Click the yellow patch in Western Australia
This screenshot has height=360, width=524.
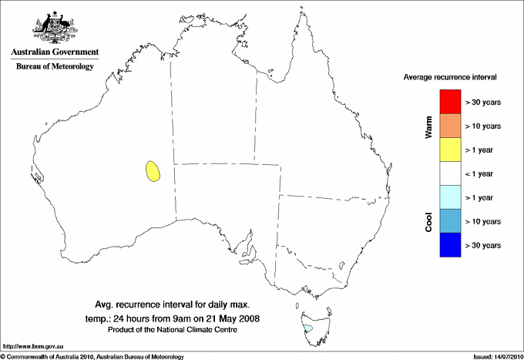pos(153,170)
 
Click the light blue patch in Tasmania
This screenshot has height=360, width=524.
pos(308,328)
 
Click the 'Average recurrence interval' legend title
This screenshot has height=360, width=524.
pos(450,78)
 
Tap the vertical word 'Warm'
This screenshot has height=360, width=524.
pos(428,126)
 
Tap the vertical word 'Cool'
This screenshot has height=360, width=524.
pos(428,221)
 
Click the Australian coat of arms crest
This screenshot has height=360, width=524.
pos(55,25)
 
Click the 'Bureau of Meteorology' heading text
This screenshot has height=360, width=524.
pos(55,67)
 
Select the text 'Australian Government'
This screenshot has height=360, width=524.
pos(55,53)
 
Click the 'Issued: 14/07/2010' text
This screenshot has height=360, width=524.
pos(497,356)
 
